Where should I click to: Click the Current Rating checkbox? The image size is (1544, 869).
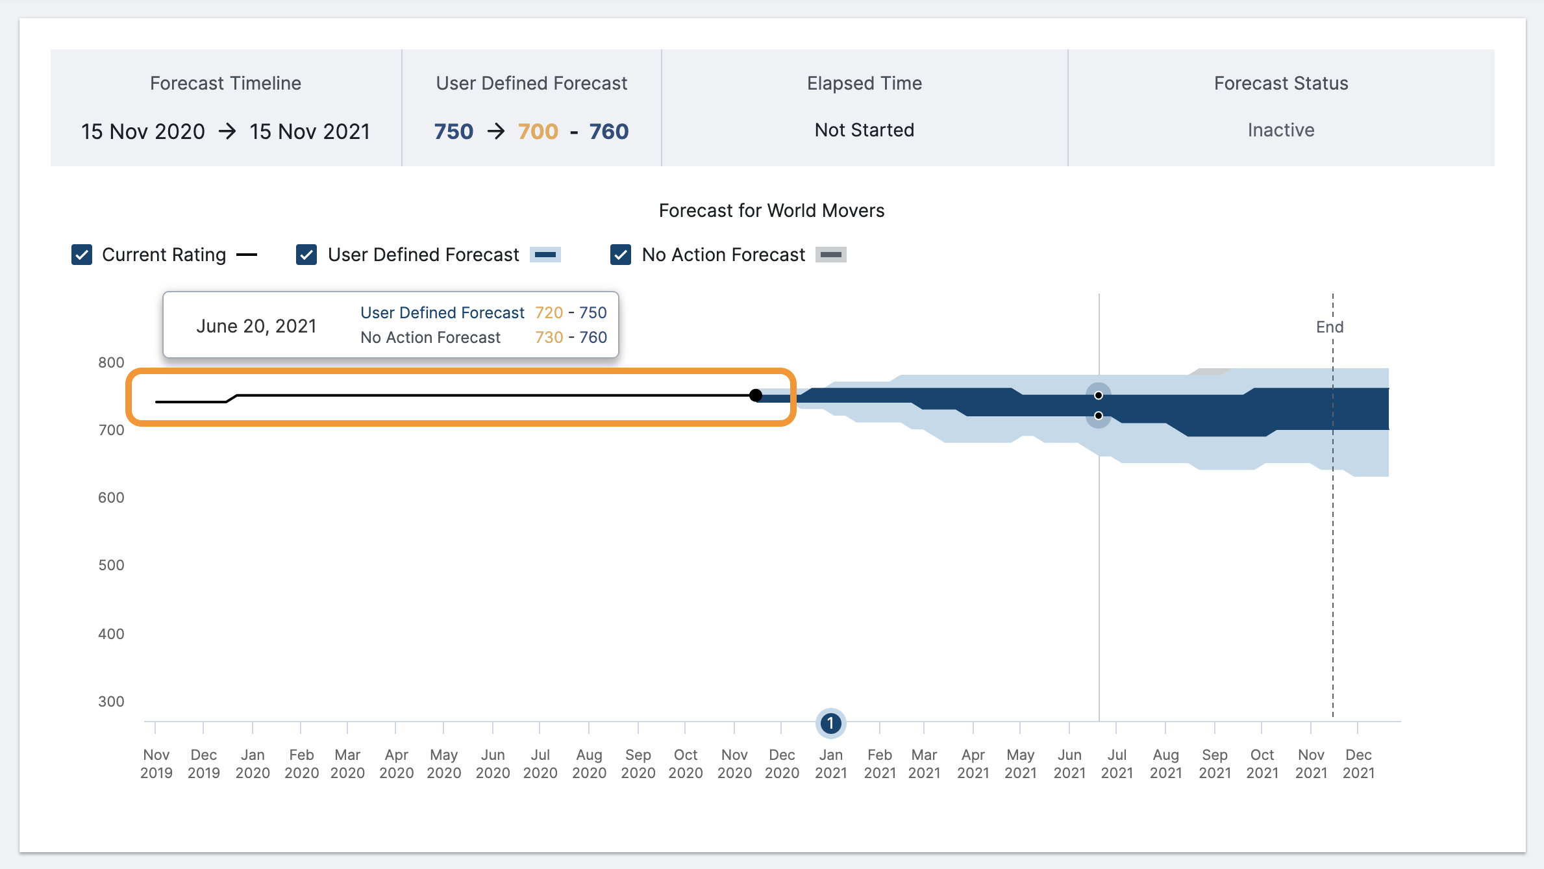82,255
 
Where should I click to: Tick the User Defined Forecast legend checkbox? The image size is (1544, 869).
306,255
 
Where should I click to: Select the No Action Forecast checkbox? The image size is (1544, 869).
621,255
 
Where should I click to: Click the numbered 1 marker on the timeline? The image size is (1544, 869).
830,723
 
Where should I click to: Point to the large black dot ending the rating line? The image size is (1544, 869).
756,395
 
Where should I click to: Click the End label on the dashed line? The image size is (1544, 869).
1329,327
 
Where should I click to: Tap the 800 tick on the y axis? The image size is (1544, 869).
111,362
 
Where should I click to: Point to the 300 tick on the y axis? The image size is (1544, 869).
111,701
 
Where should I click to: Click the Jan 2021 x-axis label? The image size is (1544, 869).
830,764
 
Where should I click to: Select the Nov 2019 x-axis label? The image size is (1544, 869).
156,764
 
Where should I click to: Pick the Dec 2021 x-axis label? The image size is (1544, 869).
1358,764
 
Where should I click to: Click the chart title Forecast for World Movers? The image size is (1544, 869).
771,210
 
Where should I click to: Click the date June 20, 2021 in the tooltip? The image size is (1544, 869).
256,326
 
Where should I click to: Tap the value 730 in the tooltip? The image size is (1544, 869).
549,337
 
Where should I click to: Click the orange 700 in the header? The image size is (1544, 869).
538,131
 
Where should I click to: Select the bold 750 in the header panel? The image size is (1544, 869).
454,131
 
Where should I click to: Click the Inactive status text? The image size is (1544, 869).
1280,130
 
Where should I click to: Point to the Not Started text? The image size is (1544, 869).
864,130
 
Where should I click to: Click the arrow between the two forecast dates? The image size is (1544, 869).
227,131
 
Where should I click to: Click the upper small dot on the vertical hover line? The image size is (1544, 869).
1099,395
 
